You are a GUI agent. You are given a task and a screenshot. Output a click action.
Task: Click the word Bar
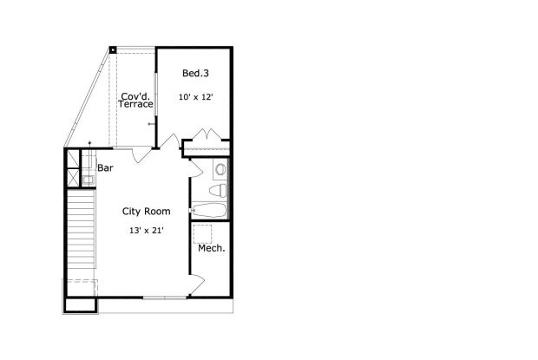coord(106,167)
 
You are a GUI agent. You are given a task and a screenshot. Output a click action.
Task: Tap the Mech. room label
coord(212,248)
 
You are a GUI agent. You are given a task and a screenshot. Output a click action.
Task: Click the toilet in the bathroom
coord(220,189)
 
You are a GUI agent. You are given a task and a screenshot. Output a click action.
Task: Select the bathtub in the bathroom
coord(209,210)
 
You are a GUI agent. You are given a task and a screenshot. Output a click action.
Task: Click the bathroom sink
coord(220,169)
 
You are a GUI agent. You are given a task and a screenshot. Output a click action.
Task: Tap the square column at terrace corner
coord(112,49)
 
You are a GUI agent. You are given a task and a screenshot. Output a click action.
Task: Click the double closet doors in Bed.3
coord(207,135)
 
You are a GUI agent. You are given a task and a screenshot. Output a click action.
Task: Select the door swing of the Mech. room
coord(198,283)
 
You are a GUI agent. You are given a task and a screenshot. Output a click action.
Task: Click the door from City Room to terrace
coord(141,155)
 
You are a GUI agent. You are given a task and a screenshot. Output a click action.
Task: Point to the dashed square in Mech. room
coord(205,232)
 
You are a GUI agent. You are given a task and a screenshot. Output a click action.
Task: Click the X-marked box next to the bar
coord(74,160)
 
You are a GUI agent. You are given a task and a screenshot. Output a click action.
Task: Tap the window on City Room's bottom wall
coord(164,298)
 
